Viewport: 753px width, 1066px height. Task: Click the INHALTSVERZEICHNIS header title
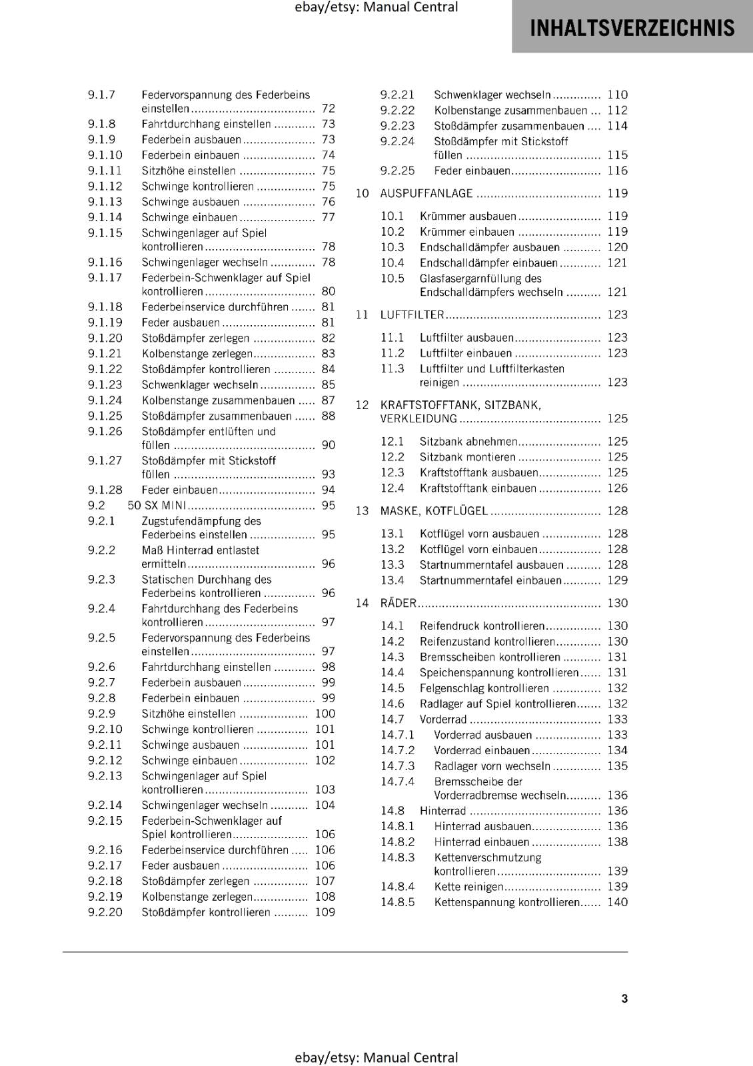[632, 28]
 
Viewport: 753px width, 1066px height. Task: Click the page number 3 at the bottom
[624, 998]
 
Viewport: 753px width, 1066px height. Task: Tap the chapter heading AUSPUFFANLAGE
[426, 193]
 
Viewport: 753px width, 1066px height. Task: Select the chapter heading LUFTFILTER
[412, 314]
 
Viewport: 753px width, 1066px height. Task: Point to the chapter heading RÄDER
[398, 603]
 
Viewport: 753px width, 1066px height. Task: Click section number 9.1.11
[105, 171]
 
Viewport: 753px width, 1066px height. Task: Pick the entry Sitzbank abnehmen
[468, 441]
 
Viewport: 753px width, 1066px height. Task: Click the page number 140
[617, 902]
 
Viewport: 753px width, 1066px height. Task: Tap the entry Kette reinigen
[468, 887]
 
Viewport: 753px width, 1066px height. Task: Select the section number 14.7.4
[397, 782]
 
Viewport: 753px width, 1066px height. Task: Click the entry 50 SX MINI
[157, 506]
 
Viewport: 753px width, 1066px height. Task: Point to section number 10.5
[392, 278]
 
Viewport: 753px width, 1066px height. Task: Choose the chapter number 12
[362, 405]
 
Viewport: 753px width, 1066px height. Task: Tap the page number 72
[328, 108]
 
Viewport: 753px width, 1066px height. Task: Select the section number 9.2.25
[397, 171]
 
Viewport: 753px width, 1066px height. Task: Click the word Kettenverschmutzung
[487, 857]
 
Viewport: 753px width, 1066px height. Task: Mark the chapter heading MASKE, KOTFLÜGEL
[434, 511]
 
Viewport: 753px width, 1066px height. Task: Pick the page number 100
[325, 714]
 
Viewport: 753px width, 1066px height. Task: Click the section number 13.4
[392, 580]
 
